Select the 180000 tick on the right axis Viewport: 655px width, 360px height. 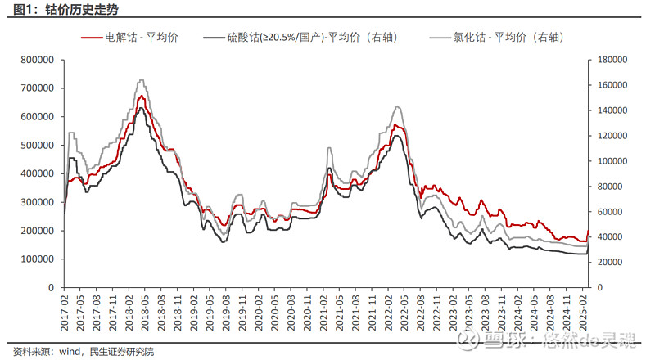coord(609,60)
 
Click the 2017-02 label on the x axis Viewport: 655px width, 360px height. coord(64,313)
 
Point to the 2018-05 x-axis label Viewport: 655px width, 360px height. coord(142,313)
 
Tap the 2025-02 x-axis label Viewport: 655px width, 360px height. coord(582,313)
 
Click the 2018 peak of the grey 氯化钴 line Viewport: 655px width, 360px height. coord(142,80)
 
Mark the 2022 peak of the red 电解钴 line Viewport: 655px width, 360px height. coord(395,124)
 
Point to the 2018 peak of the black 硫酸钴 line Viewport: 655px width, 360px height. coord(141,108)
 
